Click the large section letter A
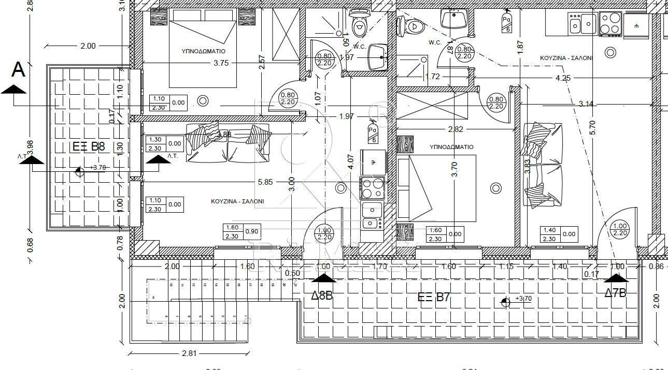(x=19, y=69)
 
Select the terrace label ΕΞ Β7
(x=434, y=297)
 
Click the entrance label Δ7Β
(x=615, y=293)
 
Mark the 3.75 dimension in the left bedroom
(x=221, y=63)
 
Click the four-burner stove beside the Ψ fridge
(x=373, y=188)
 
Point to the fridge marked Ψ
(x=373, y=162)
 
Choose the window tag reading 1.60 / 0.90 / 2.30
(x=241, y=232)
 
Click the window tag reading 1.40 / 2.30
(x=559, y=234)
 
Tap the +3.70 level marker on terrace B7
(x=524, y=299)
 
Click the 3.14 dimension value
(x=587, y=104)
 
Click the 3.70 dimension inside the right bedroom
(x=454, y=170)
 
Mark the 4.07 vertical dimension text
(x=351, y=162)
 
